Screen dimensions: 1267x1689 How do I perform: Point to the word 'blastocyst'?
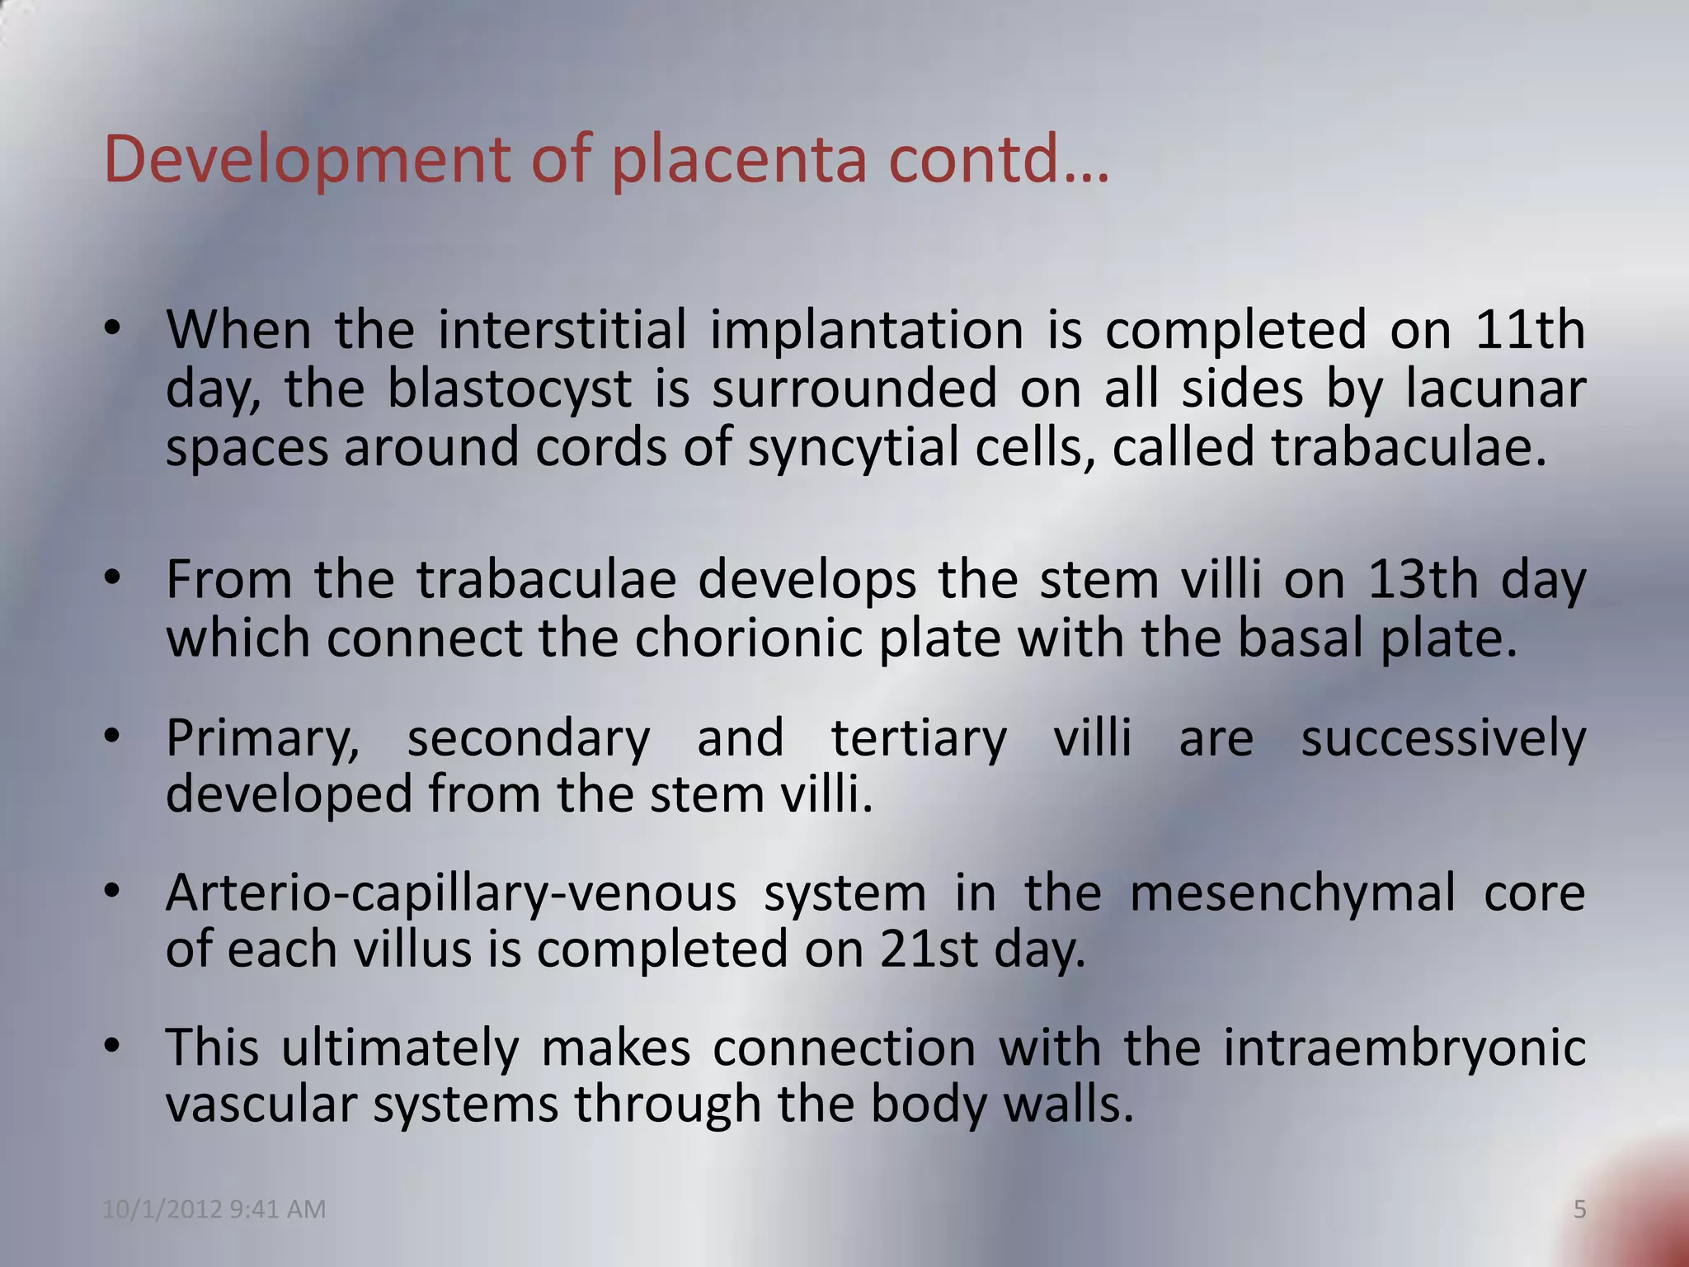coord(508,388)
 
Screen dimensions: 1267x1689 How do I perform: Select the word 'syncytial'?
coord(853,446)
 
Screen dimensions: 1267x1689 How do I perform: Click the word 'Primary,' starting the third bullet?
coord(263,737)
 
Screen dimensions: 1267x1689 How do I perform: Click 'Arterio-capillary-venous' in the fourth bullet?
coord(450,893)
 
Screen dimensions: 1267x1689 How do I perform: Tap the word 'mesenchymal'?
coord(1292,893)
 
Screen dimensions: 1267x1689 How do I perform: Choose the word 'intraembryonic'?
coord(1404,1048)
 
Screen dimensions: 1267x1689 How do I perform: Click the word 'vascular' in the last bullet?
coord(261,1105)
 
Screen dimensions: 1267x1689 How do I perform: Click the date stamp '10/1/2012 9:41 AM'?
coord(214,1209)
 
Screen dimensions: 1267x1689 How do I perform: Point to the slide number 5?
coord(1579,1209)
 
